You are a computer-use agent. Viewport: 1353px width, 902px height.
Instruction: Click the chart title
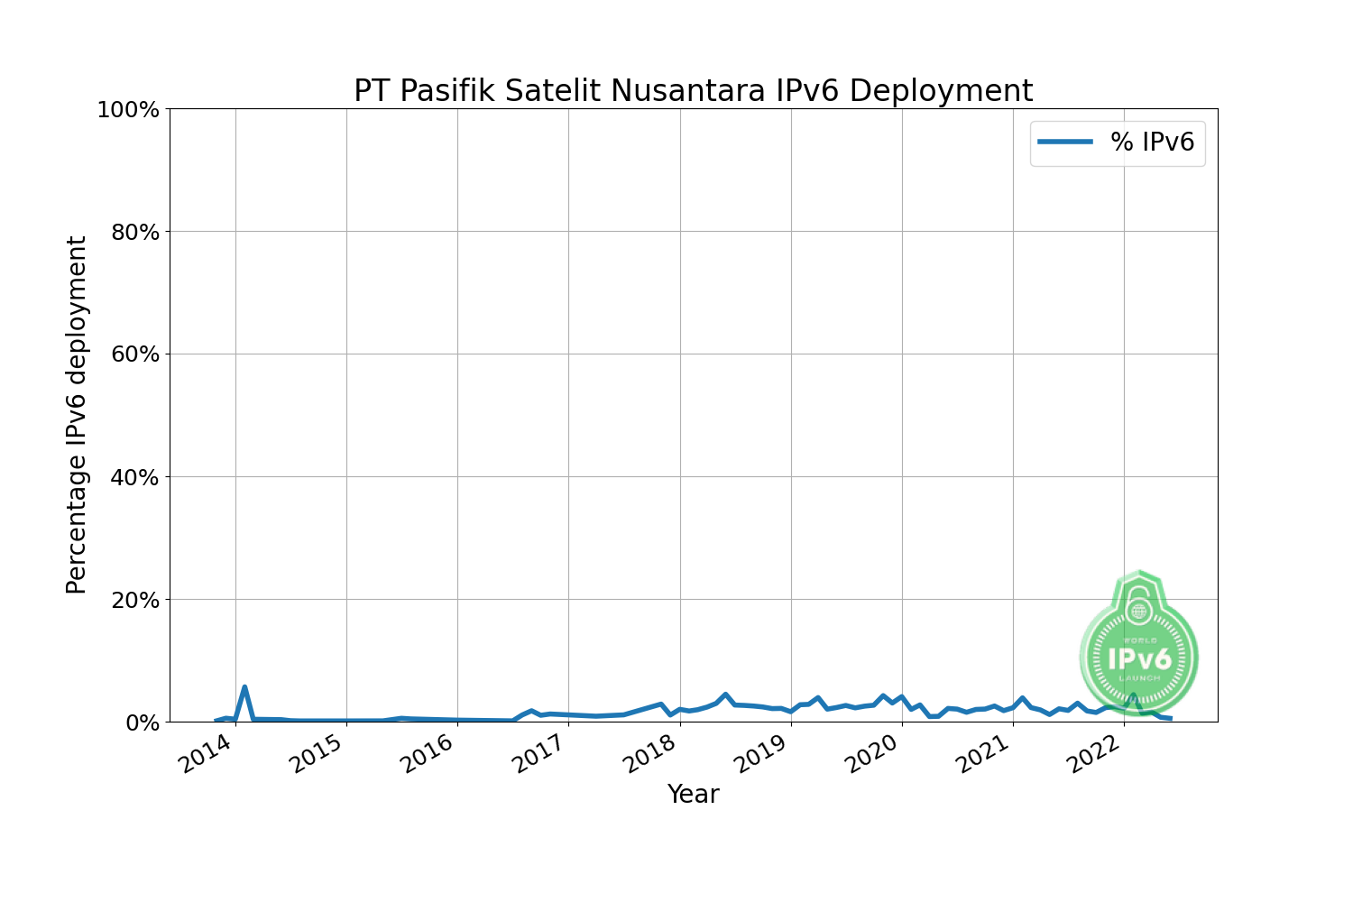[693, 91]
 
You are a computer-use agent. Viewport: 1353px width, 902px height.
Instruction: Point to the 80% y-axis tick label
[134, 233]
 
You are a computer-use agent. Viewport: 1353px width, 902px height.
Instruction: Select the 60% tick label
[134, 354]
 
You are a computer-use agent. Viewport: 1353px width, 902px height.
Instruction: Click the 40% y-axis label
[134, 477]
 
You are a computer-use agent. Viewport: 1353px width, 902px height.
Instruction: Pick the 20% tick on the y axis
[134, 600]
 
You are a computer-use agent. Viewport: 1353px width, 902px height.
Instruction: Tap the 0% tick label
[142, 723]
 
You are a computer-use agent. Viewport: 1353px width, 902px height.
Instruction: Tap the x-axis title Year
[693, 795]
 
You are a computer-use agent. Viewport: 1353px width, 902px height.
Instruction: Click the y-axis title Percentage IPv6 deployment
[78, 415]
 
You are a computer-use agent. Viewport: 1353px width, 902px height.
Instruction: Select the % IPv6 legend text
[1152, 143]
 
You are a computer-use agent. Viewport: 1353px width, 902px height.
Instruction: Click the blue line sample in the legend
[1065, 143]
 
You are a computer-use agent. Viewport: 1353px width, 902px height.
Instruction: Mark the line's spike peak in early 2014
[244, 687]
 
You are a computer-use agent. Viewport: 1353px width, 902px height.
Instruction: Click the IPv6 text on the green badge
[1139, 658]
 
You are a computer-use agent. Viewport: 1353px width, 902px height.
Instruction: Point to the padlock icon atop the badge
[1139, 607]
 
